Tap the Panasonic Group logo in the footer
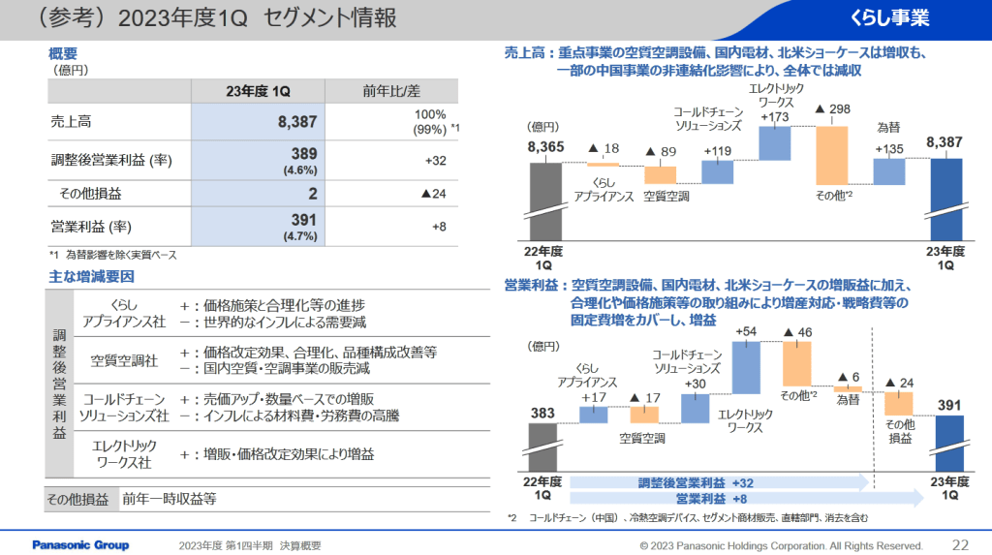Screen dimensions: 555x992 tap(80, 544)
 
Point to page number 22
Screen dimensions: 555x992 tap(961, 544)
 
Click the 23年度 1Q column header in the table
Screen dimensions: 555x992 tap(256, 90)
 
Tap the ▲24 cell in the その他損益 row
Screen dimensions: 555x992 tap(433, 194)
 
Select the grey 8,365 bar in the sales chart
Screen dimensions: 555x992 tap(545, 203)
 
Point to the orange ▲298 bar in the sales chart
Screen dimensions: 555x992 tap(832, 155)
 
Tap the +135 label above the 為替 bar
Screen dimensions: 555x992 tap(888, 148)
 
